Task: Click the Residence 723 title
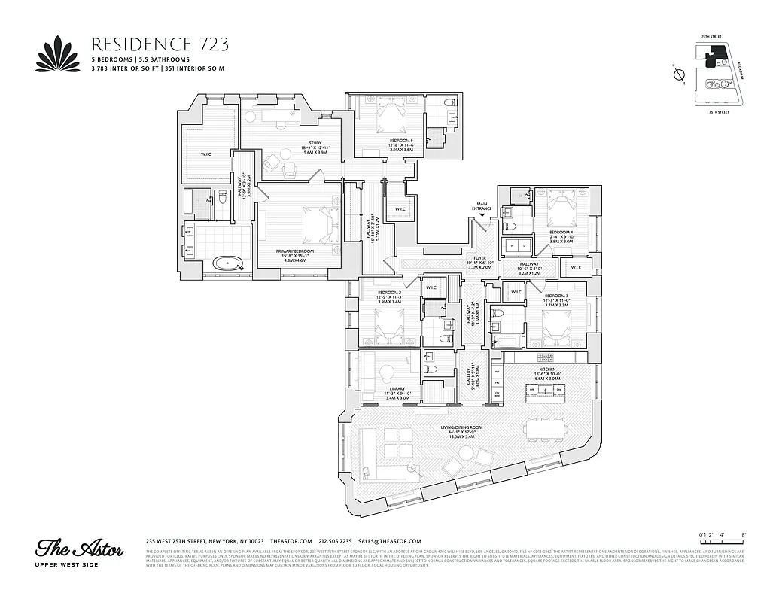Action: tap(160, 43)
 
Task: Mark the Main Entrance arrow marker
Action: tap(482, 216)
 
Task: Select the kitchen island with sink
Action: tap(545, 390)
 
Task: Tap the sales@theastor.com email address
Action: tap(389, 541)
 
